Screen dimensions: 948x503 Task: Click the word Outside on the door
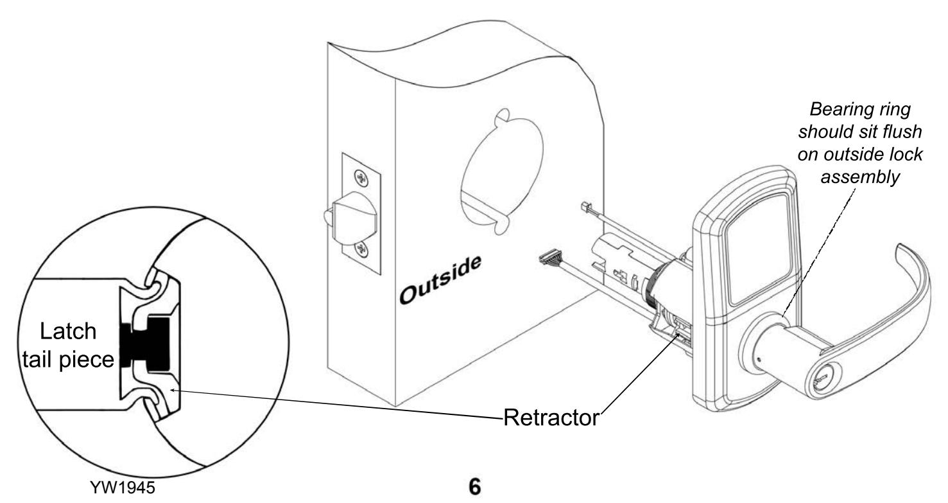point(440,280)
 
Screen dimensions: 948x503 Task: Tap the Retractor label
point(551,418)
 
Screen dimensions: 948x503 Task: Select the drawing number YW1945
point(123,488)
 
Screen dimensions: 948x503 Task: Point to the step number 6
point(475,487)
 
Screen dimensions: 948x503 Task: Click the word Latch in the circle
point(68,331)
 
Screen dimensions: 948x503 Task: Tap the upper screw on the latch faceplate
point(361,177)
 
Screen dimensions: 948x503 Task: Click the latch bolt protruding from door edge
point(350,218)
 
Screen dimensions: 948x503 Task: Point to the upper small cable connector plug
point(587,207)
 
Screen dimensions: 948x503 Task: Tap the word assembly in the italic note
point(860,177)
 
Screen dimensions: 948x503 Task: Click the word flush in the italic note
point(901,131)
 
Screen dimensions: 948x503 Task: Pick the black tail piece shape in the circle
point(145,344)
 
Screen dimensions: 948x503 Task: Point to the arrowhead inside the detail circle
point(173,390)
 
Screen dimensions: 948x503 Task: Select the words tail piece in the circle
point(68,360)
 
